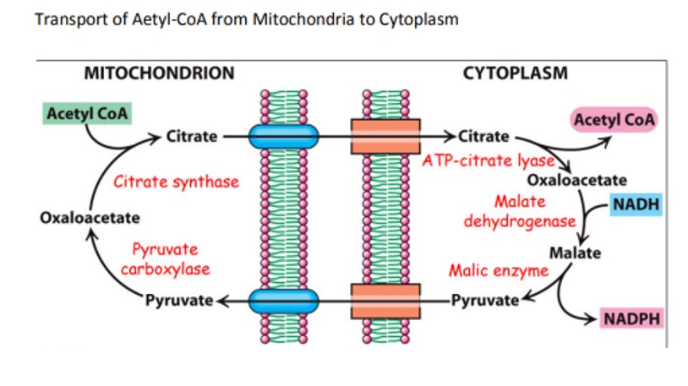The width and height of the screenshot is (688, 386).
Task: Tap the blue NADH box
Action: [636, 204]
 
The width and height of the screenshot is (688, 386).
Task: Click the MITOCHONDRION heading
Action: [159, 73]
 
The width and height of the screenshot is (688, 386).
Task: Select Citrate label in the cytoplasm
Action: [483, 136]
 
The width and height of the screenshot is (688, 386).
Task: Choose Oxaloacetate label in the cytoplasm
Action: [576, 180]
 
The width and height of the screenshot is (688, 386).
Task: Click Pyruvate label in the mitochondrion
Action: [178, 300]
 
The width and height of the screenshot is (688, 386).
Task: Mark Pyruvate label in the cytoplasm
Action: [483, 300]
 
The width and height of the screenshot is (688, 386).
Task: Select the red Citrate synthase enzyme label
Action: [176, 182]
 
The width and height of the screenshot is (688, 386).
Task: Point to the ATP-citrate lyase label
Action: [489, 160]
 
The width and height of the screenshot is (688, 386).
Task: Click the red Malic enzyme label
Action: [498, 271]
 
